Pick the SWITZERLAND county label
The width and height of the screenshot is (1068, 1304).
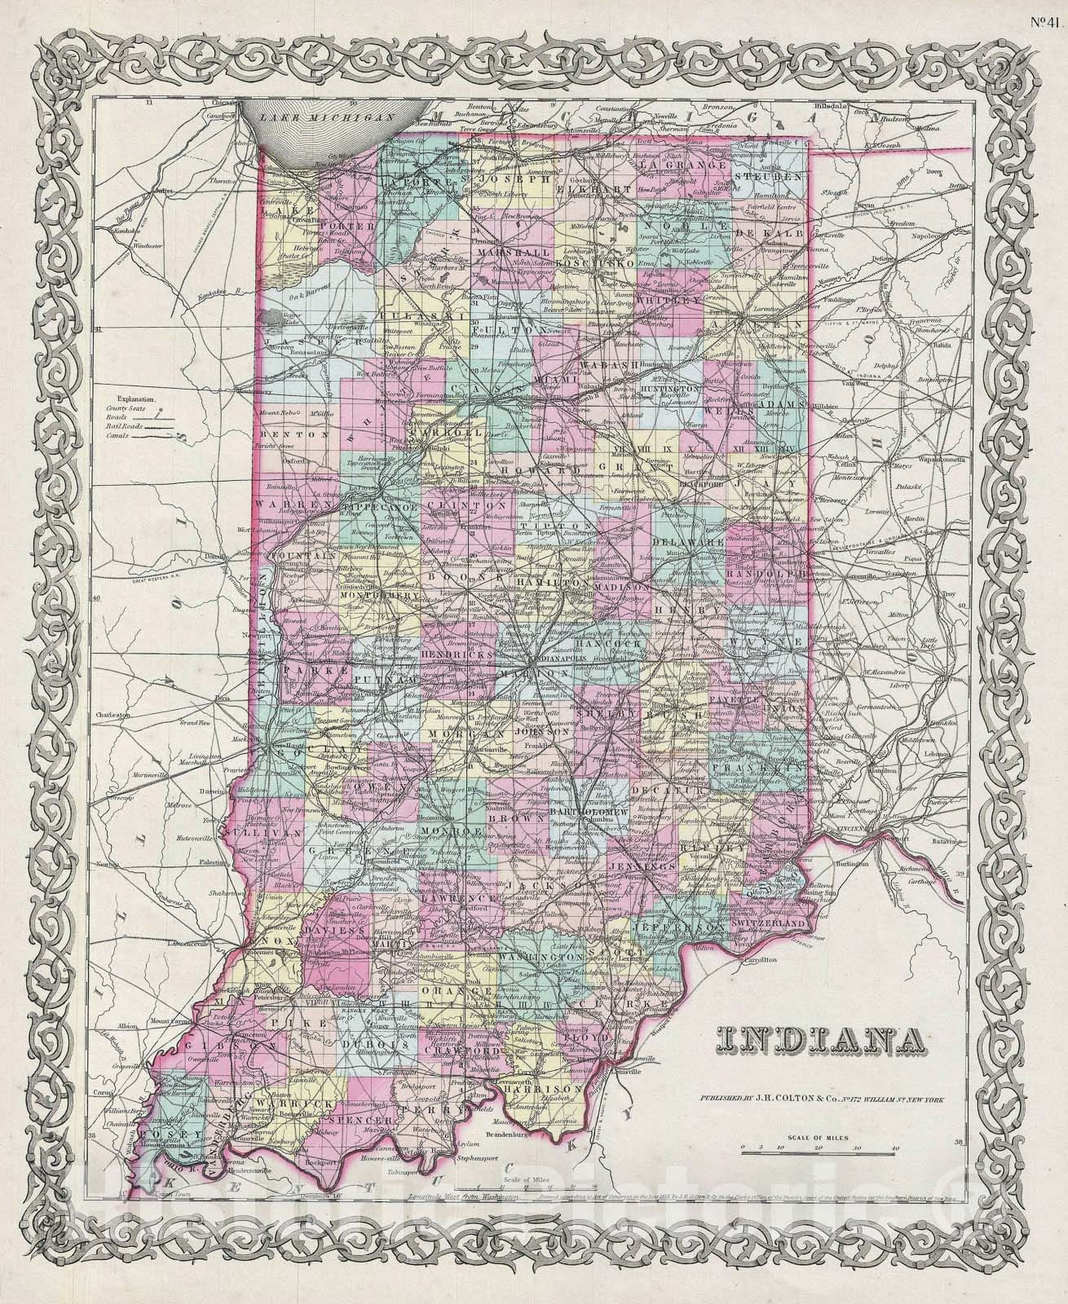[x=771, y=922]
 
